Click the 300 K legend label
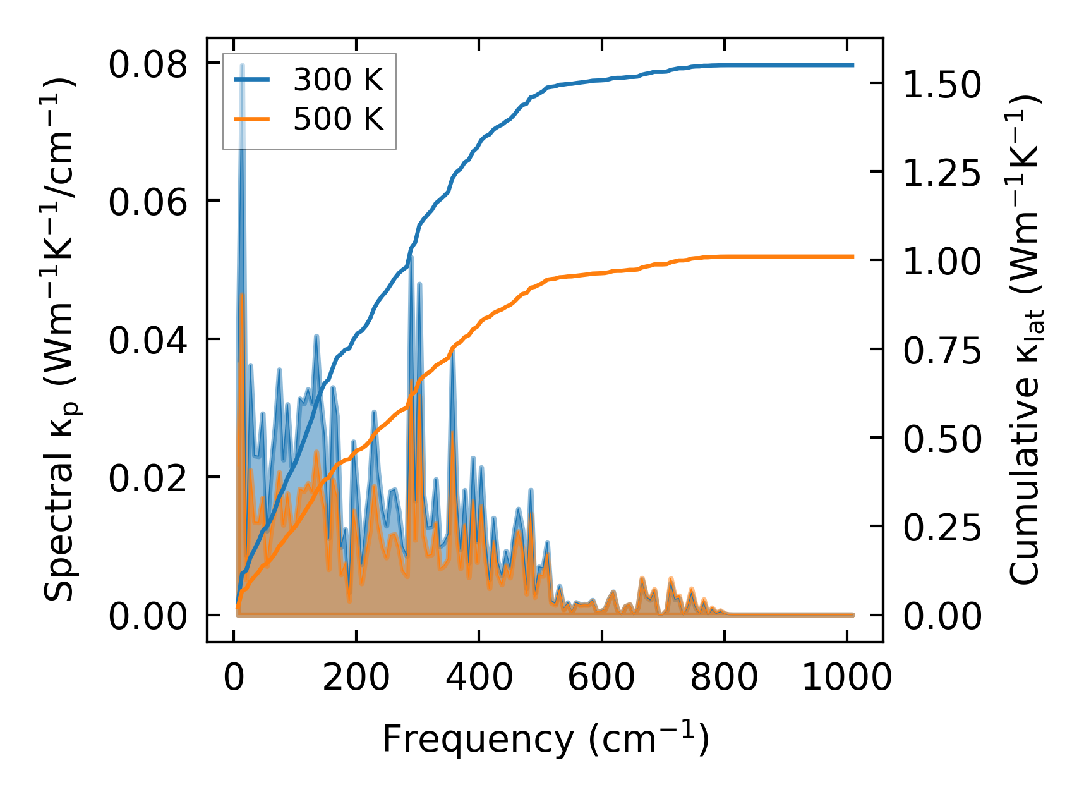click(338, 80)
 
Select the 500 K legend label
click(338, 119)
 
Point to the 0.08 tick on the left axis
click(148, 65)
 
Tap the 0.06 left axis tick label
click(148, 203)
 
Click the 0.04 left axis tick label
click(148, 341)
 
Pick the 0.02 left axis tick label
click(148, 479)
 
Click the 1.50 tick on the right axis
click(942, 84)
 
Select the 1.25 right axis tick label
click(942, 173)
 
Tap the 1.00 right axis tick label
click(942, 261)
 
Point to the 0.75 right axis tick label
click(942, 350)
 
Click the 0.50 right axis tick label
click(942, 439)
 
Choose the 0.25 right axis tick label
click(942, 527)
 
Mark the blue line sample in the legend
click(252, 80)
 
